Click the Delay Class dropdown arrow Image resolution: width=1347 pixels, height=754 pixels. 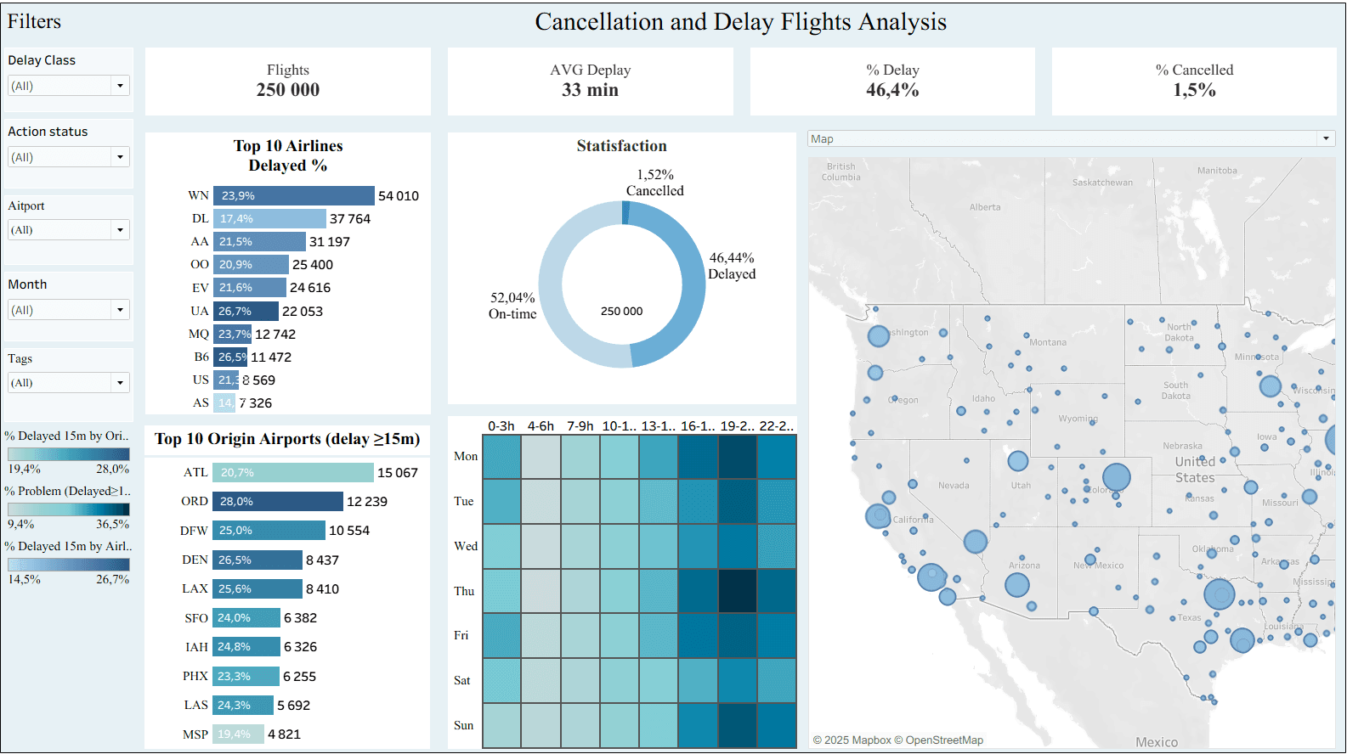pyautogui.click(x=120, y=86)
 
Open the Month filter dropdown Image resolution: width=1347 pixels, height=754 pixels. pyautogui.click(x=120, y=310)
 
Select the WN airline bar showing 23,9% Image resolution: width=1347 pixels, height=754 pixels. pyautogui.click(x=293, y=195)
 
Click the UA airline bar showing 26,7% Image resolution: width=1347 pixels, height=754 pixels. pyautogui.click(x=246, y=312)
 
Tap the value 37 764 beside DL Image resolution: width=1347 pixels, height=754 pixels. pyautogui.click(x=350, y=219)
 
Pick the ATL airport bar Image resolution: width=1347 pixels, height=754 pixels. pyautogui.click(x=293, y=473)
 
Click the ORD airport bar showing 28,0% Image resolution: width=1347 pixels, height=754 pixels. pyautogui.click(x=277, y=502)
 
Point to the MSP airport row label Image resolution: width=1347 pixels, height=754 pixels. pyautogui.click(x=195, y=734)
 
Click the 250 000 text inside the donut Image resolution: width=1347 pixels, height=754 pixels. pyautogui.click(x=622, y=312)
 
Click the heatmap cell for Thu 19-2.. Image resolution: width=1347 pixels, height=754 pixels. pyautogui.click(x=737, y=591)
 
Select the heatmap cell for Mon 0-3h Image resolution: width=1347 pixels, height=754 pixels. pyautogui.click(x=501, y=457)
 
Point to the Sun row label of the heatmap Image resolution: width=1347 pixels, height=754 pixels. pyautogui.click(x=463, y=726)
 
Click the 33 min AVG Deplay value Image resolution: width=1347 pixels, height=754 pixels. pyautogui.click(x=590, y=90)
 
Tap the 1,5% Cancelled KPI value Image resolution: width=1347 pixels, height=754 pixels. pyautogui.click(x=1194, y=90)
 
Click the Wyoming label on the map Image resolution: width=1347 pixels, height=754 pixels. pyautogui.click(x=1078, y=419)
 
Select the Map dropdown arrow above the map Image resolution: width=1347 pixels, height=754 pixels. pyautogui.click(x=1326, y=138)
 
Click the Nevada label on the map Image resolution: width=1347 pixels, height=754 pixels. pyautogui.click(x=954, y=486)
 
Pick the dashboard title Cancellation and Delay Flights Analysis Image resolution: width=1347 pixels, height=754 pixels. pyautogui.click(x=740, y=22)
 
